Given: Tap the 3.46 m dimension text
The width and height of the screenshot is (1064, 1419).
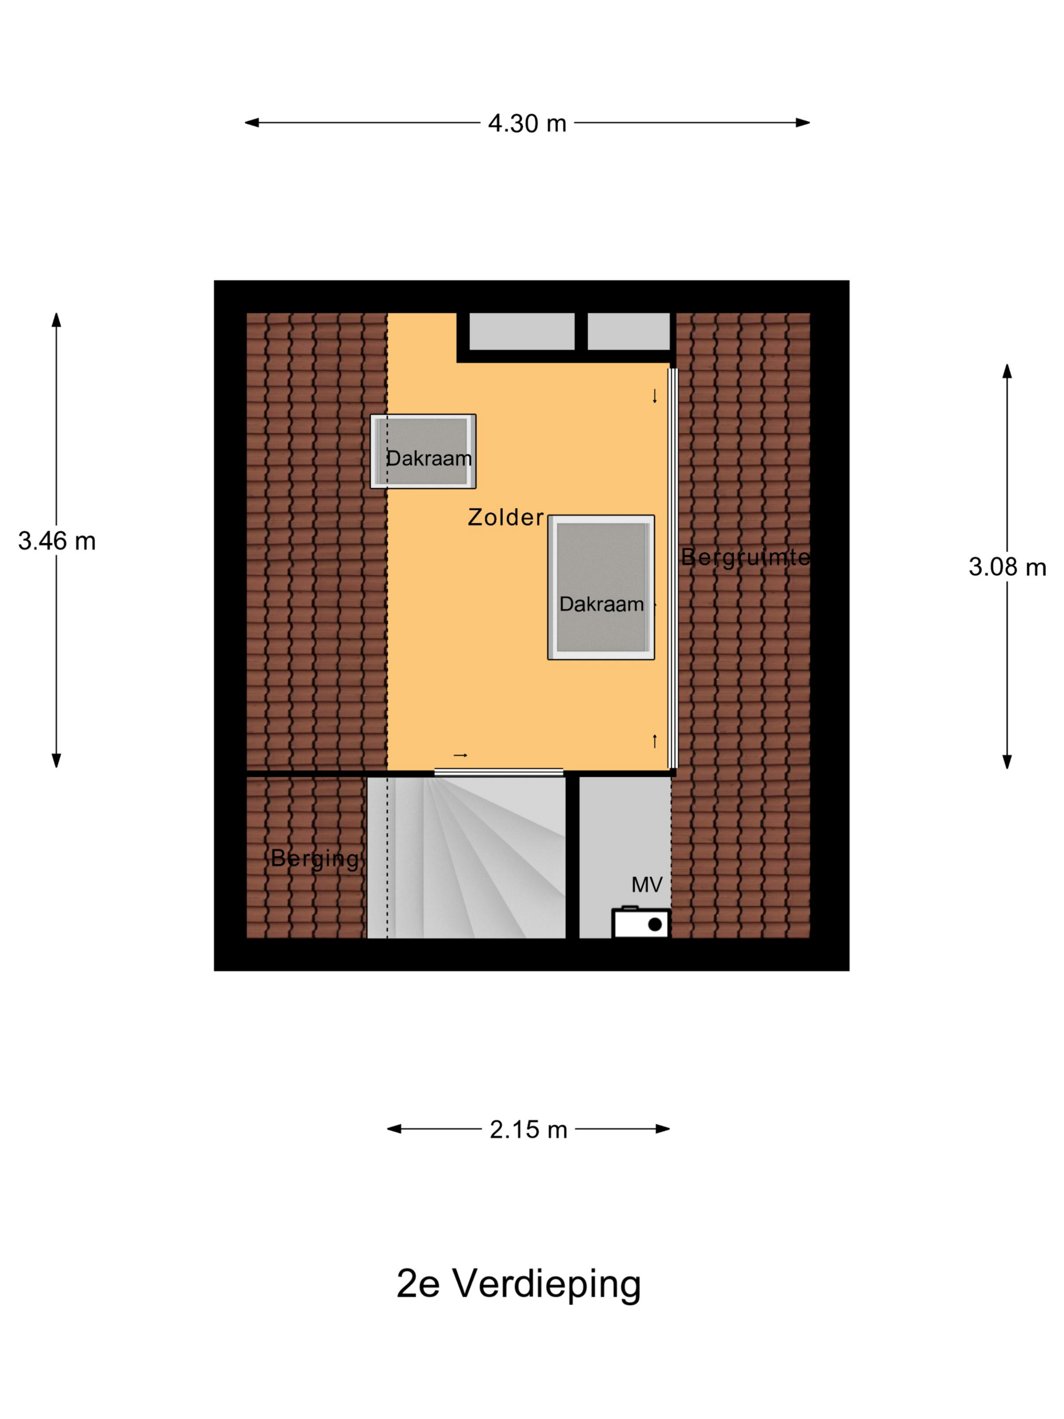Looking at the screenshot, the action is (x=56, y=541).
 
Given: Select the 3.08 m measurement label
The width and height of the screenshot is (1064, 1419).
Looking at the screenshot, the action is (x=1007, y=567).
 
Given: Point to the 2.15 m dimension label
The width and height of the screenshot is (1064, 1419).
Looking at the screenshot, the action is (x=528, y=1130).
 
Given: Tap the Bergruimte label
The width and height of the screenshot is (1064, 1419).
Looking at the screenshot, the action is (x=745, y=557).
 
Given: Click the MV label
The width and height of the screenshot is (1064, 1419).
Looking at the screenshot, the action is (x=647, y=885).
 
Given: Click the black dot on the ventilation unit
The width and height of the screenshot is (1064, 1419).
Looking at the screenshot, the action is (x=655, y=924).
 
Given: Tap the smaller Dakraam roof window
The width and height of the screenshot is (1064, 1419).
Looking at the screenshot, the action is (x=423, y=451).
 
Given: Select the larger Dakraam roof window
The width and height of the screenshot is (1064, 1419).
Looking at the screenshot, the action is (x=601, y=587).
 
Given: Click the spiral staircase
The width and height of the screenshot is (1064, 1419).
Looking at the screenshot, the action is (x=466, y=857).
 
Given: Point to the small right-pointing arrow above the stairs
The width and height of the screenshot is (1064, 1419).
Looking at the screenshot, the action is (x=461, y=755).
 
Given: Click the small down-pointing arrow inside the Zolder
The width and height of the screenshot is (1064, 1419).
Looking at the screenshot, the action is (x=655, y=396).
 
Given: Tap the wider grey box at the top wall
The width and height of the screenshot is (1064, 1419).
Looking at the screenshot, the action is (x=522, y=331).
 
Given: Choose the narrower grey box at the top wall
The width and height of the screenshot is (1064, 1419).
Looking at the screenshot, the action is (x=629, y=331).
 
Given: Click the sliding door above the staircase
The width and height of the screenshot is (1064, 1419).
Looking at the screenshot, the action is (x=499, y=772).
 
